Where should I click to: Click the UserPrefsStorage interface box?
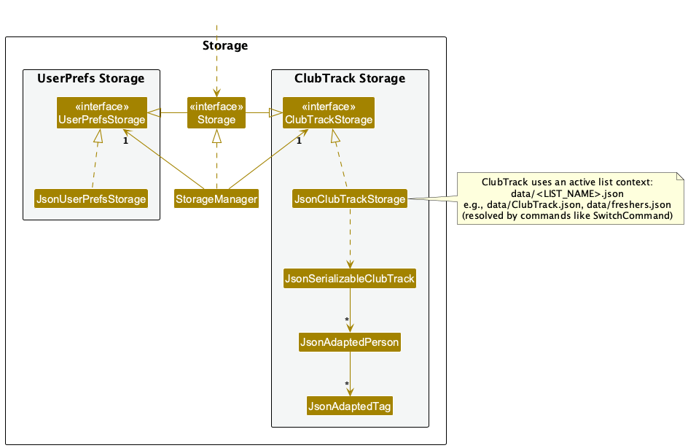pos(101,113)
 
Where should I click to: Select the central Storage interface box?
pos(216,113)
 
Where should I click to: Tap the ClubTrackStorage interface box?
pos(328,113)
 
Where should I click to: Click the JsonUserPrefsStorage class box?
pos(91,198)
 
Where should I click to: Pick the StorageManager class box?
pos(216,198)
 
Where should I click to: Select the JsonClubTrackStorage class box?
pos(349,198)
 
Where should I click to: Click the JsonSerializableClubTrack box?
pos(349,278)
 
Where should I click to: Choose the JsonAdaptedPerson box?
pos(349,342)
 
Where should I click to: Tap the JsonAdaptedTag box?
pos(350,406)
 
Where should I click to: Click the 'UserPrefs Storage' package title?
pos(91,78)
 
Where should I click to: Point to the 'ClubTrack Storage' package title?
pos(349,78)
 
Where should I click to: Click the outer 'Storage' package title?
pos(224,46)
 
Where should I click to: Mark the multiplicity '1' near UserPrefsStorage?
pos(125,141)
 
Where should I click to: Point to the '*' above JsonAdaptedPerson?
pos(347,321)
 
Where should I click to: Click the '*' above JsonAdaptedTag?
pos(347,385)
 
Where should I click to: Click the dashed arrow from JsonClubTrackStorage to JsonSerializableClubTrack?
pos(350,237)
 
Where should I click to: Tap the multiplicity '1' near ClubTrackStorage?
pos(299,141)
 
